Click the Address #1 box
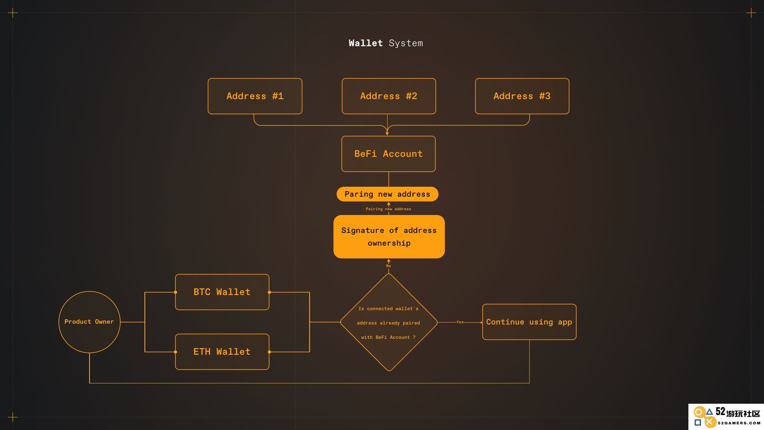[255, 96]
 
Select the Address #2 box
[389, 96]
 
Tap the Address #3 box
[522, 96]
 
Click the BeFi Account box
[388, 154]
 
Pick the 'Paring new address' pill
[387, 194]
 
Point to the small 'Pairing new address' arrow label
[388, 209]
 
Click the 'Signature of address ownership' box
[389, 236]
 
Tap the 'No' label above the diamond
[388, 266]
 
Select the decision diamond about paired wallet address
[389, 322]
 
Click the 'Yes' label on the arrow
[460, 322]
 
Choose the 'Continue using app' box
[529, 322]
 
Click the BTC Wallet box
[222, 292]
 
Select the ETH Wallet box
[222, 352]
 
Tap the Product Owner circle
[89, 322]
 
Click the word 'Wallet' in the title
[366, 43]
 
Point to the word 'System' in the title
[406, 43]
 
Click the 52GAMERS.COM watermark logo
[726, 416]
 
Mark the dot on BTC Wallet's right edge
[269, 292]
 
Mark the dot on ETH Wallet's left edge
[175, 352]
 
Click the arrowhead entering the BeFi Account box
[387, 134]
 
